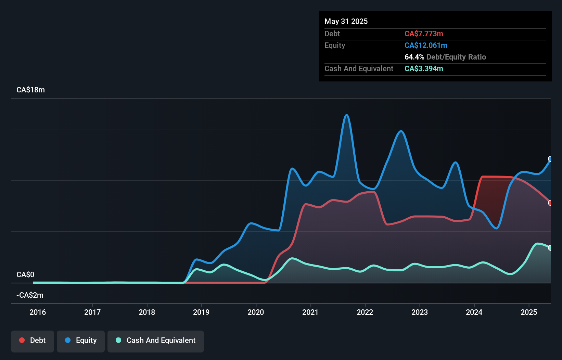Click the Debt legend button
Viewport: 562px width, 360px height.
[33, 340]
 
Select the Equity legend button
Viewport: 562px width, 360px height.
[81, 340]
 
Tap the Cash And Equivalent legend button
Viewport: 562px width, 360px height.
[156, 340]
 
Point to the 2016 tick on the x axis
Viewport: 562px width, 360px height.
[38, 304]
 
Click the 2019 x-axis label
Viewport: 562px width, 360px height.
[201, 312]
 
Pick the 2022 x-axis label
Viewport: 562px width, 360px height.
[365, 312]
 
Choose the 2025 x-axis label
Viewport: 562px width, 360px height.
[529, 312]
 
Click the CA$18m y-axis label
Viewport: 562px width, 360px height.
[30, 90]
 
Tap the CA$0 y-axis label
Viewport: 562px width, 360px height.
[25, 275]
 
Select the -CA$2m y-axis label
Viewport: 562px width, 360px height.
[30, 295]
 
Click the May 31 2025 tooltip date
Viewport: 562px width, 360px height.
[346, 22]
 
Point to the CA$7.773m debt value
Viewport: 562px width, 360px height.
[424, 34]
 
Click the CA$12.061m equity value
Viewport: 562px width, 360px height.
[426, 46]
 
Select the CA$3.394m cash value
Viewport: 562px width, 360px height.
[424, 69]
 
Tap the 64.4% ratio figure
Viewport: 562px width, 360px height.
[414, 57]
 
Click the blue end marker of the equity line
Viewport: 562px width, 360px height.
[550, 159]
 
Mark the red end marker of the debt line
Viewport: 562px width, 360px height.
[550, 203]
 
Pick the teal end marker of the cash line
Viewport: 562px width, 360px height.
[550, 248]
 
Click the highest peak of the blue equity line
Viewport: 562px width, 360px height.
[347, 115]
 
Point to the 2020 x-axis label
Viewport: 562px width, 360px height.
[256, 312]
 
